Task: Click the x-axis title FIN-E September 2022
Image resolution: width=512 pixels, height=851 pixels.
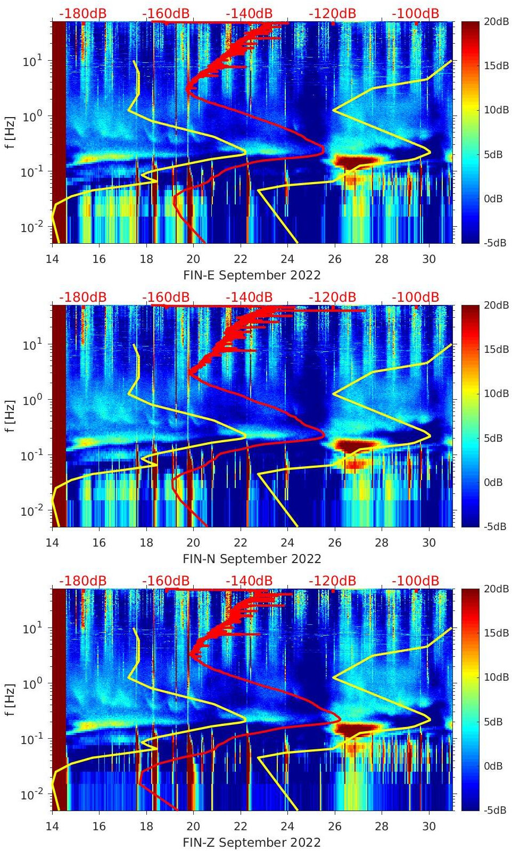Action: [x=252, y=275]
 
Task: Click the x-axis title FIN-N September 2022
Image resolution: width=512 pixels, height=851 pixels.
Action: [x=252, y=559]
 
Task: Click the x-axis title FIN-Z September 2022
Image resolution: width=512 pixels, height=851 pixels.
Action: [x=252, y=842]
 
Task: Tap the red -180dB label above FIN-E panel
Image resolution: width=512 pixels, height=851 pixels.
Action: [x=82, y=13]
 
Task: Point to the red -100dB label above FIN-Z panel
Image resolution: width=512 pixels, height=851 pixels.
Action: [x=415, y=581]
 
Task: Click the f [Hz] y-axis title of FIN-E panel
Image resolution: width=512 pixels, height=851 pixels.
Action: [x=10, y=132]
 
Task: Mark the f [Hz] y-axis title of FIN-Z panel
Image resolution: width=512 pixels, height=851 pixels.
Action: [x=10, y=699]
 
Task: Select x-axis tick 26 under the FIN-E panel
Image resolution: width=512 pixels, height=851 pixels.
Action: [x=335, y=259]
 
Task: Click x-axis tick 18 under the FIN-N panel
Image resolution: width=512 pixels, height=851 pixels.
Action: [x=146, y=543]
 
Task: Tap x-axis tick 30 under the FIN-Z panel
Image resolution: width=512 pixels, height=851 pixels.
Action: [x=429, y=827]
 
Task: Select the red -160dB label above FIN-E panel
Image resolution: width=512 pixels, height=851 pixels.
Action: [x=166, y=13]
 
